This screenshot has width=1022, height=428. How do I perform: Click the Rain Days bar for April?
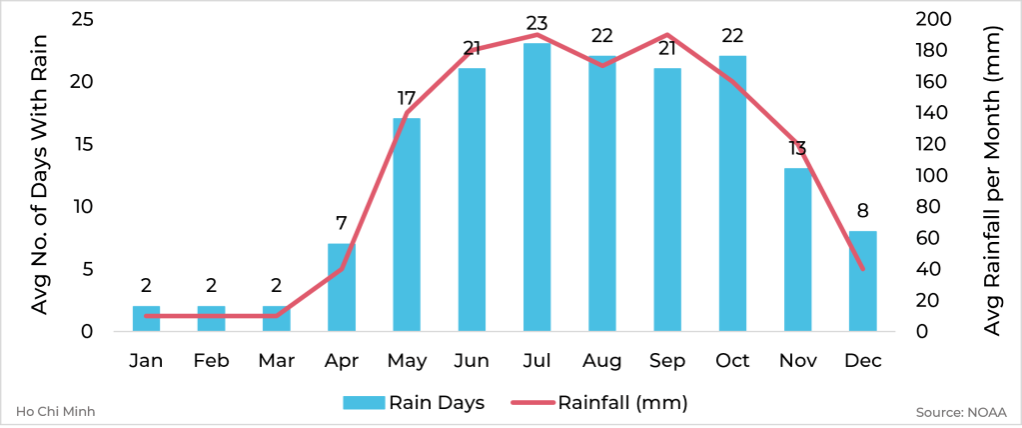[x=342, y=287]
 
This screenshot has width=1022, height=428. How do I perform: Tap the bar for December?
[x=862, y=281]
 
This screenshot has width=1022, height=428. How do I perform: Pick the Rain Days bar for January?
[x=146, y=318]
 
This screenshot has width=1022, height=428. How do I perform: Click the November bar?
[x=797, y=250]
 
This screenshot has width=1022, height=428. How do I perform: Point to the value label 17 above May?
[x=406, y=99]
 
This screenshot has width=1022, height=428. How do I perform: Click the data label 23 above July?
[x=536, y=23]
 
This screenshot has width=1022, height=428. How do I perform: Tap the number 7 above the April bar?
[x=342, y=224]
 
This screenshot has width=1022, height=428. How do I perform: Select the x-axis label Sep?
[x=666, y=360]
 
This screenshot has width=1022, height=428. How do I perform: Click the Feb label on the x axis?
[x=211, y=360]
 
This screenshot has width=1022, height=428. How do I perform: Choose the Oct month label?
[x=732, y=360]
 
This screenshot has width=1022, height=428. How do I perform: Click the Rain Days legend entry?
[x=415, y=403]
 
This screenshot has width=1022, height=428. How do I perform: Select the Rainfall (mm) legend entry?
[x=599, y=403]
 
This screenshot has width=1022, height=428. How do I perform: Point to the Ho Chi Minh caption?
[x=56, y=411]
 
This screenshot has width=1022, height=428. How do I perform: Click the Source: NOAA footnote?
[x=959, y=411]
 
